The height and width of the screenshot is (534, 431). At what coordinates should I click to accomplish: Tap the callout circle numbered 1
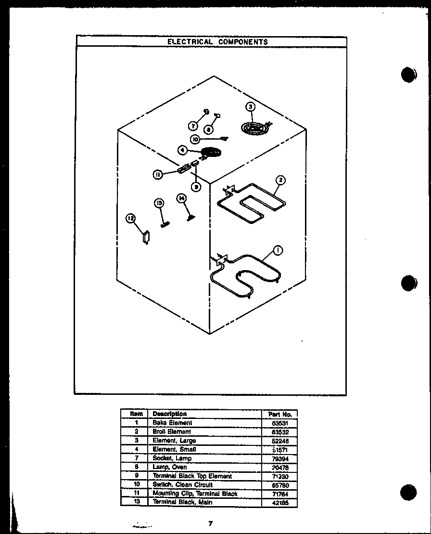(278, 249)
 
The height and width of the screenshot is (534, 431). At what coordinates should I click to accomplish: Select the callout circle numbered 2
(281, 180)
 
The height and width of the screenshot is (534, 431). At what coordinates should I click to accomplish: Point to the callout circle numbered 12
(130, 219)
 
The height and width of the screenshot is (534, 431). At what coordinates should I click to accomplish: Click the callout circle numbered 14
(181, 198)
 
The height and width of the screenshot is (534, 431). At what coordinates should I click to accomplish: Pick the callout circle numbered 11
(157, 175)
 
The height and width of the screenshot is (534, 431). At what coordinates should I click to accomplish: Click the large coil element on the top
(254, 128)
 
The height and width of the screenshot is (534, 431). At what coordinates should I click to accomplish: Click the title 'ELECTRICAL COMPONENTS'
(217, 42)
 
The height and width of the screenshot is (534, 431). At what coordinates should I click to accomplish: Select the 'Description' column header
(169, 414)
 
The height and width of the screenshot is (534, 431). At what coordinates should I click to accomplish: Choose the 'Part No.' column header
(280, 414)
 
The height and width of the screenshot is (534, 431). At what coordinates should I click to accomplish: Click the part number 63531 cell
(280, 423)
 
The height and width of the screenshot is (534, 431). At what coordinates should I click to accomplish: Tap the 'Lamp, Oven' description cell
(170, 467)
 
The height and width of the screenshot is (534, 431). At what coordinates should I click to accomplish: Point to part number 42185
(280, 503)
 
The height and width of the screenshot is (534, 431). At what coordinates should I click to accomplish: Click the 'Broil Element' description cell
(172, 432)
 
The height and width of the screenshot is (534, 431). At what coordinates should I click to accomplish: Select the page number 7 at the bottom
(210, 524)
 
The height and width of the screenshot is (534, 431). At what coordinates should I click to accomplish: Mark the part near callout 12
(146, 237)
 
